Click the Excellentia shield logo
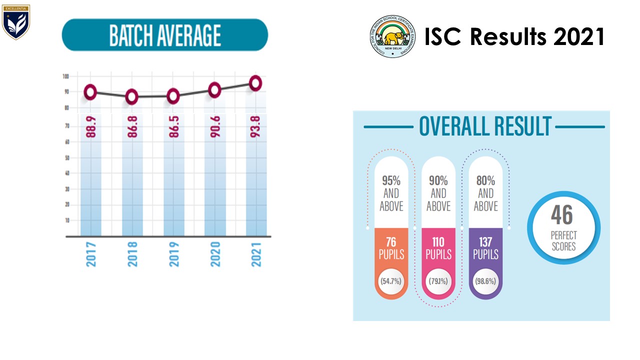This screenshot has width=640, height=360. pos(16,22)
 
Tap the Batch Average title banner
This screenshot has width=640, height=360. pos(164,35)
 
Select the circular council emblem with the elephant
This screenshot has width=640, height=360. pos(392,36)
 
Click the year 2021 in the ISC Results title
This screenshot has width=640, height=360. pos(579,37)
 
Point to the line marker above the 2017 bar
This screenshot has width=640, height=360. pos(90,92)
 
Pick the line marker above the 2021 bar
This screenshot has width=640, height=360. pos(255,83)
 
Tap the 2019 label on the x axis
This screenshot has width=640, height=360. pos(173,253)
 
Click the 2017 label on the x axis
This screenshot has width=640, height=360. pos(91,253)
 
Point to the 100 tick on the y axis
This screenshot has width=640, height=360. pos(65,76)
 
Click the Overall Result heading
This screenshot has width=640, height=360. pos(484,126)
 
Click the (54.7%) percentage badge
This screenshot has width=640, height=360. pos(391,281)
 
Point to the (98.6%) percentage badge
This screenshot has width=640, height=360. pos(485,281)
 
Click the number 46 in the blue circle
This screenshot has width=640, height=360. pos(563,216)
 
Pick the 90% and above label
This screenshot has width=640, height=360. pos(438,193)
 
